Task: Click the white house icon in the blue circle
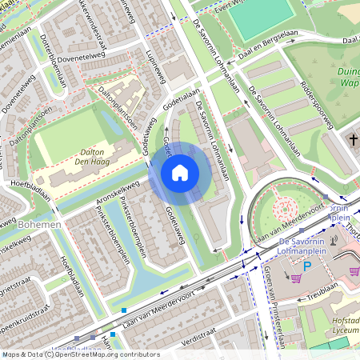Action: coord(180,173)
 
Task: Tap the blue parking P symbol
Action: coord(306,266)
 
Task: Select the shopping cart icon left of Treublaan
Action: coord(295,278)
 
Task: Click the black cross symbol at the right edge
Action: coord(353,141)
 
